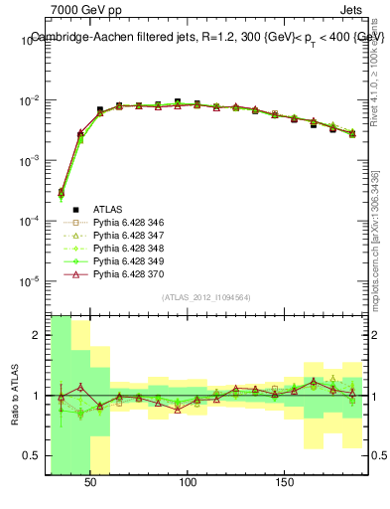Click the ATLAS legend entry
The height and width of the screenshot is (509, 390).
(108, 209)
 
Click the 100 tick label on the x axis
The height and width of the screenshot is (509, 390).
(188, 481)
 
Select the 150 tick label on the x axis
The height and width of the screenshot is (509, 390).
(285, 481)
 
